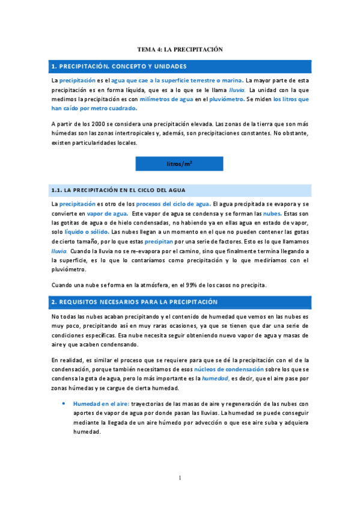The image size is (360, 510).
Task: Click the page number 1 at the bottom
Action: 180,478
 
